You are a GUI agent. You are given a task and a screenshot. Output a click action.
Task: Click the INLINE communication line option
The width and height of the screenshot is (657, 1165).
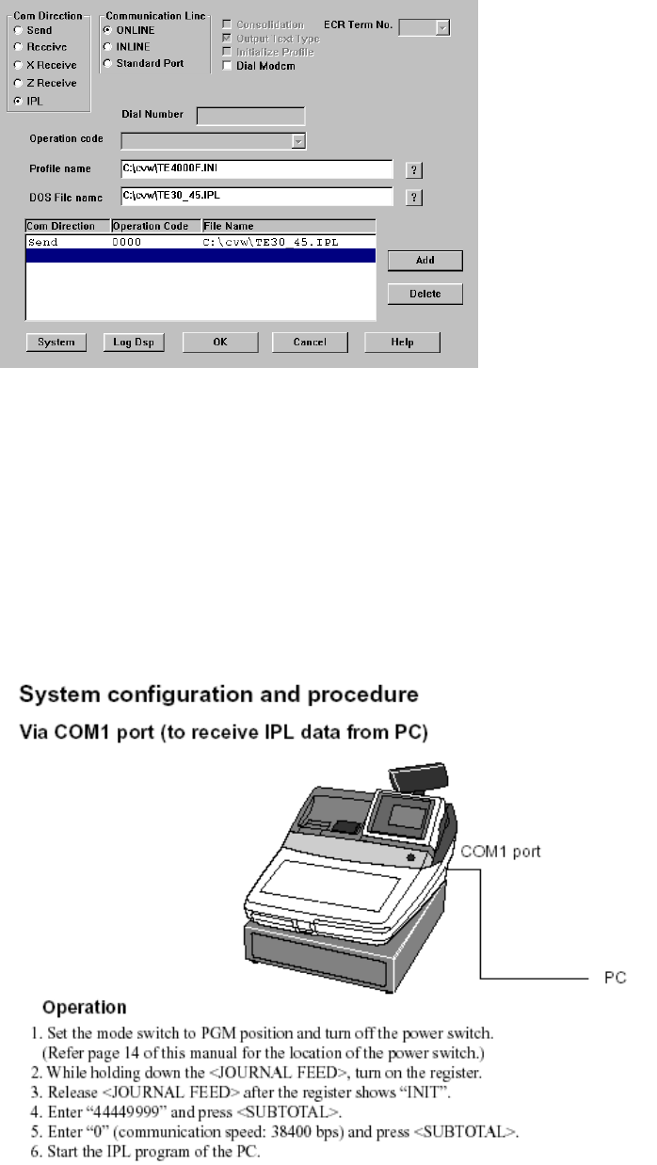tap(107, 46)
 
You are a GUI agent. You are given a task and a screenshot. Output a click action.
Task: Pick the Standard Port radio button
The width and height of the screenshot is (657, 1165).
tap(107, 63)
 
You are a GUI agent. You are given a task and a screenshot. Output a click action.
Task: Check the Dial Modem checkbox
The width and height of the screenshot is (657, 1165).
tap(226, 65)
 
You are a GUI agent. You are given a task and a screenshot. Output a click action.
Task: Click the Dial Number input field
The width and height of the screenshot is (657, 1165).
tap(250, 116)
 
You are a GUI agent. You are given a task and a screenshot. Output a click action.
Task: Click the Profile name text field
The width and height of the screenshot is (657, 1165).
tap(255, 168)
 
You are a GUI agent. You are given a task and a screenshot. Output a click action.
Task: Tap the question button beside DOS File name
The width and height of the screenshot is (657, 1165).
tap(413, 198)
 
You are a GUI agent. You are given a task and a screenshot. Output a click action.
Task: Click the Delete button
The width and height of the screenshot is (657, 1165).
tap(425, 294)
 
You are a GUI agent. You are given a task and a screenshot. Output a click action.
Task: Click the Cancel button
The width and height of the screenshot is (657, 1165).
tap(310, 342)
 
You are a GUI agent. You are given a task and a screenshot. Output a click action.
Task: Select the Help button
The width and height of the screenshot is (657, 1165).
tap(402, 342)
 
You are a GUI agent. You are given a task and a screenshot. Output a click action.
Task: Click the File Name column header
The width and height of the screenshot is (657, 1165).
tap(288, 226)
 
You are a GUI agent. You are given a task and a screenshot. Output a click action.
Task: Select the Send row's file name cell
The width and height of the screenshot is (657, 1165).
tap(271, 242)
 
